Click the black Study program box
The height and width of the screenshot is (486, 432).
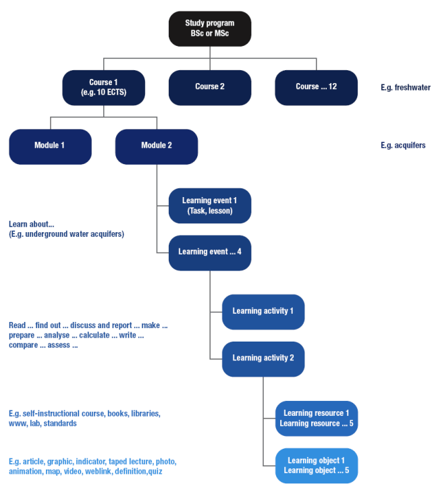point(210,28)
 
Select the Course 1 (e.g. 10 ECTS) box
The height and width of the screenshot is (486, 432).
point(103,87)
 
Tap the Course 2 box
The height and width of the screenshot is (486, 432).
point(210,87)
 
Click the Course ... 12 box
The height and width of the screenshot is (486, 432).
point(316,87)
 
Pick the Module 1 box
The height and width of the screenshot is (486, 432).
point(51,146)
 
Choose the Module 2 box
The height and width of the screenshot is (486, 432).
point(157,146)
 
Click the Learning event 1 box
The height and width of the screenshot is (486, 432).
point(210,205)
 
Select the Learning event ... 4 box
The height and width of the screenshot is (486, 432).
point(210,252)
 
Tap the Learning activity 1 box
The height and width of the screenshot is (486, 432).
point(263,311)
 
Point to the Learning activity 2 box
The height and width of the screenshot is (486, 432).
point(263,358)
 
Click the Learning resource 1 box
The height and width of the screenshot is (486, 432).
point(316,418)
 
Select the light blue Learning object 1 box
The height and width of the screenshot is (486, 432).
point(316,465)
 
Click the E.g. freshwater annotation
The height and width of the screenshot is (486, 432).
point(405,87)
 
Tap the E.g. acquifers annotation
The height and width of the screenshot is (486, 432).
point(403,146)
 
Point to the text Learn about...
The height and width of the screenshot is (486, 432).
point(31,224)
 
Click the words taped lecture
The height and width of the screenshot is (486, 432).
point(132,462)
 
